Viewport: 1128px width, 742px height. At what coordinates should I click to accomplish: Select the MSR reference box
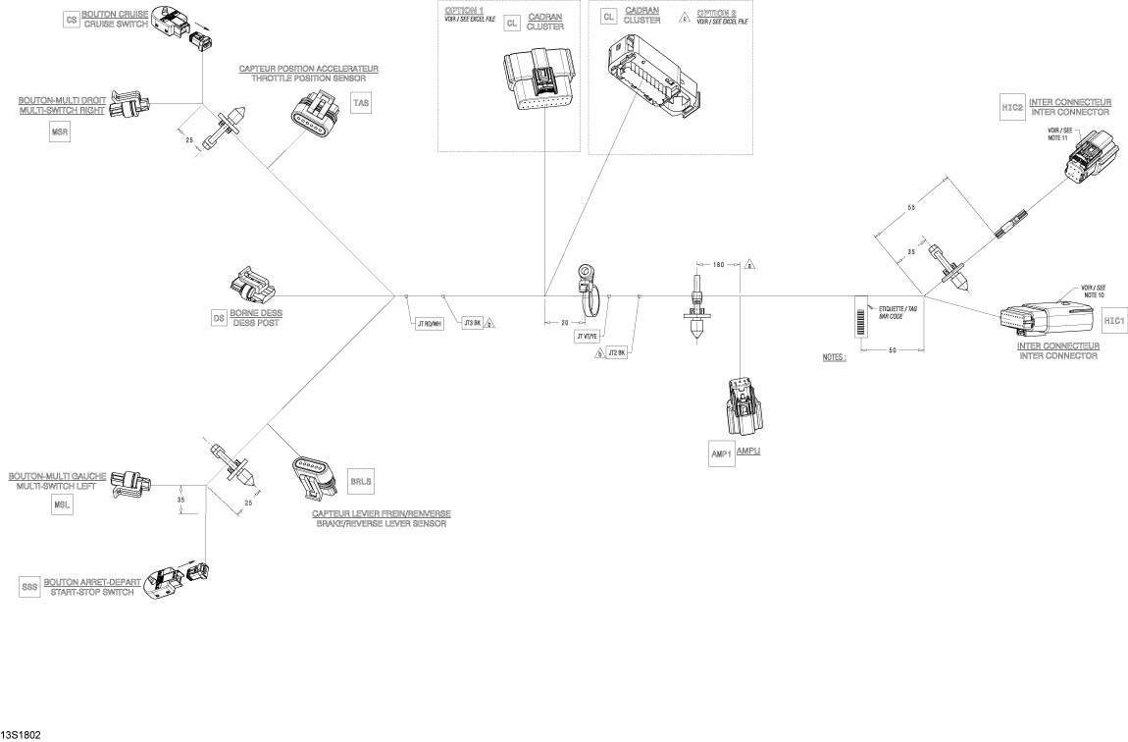tap(60, 133)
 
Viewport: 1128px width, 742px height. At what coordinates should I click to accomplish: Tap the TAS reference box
tap(361, 103)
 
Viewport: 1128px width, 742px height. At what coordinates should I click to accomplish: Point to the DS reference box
tap(219, 318)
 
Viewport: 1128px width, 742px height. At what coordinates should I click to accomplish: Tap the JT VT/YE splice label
tap(588, 336)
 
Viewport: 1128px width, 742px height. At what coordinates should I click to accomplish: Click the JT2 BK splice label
tap(617, 351)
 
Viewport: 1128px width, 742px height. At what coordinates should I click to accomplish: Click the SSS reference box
tap(29, 588)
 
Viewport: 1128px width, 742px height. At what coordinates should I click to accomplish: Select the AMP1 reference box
tap(721, 455)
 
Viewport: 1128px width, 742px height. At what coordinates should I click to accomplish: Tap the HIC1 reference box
tap(1113, 321)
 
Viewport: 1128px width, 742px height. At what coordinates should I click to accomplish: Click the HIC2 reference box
tap(1012, 110)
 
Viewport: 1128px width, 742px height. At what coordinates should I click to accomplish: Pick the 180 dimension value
tap(718, 265)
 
